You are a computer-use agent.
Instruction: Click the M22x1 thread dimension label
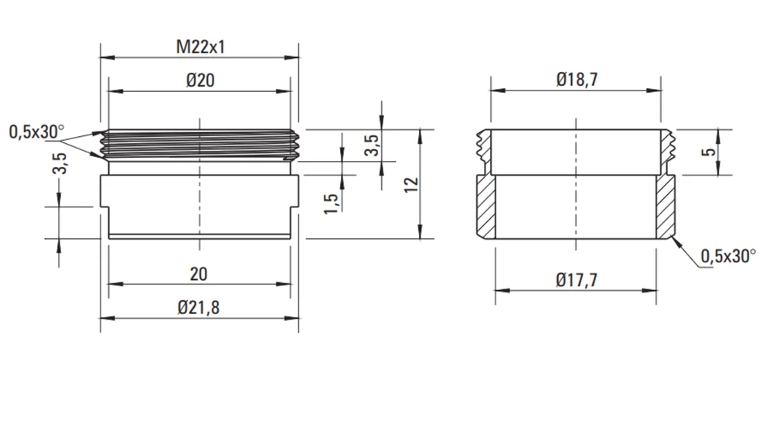click(x=201, y=47)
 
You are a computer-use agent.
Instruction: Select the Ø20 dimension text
click(x=200, y=80)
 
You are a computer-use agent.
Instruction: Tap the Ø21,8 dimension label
click(x=199, y=308)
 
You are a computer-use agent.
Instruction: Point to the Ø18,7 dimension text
click(x=577, y=79)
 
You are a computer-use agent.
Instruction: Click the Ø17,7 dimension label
click(x=577, y=280)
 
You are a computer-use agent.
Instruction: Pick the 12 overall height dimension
click(x=410, y=184)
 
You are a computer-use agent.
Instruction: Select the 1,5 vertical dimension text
click(x=332, y=203)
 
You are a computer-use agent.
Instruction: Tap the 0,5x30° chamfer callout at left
click(x=36, y=132)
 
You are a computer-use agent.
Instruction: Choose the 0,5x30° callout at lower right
click(x=728, y=256)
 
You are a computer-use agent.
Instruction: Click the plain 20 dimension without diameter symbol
click(x=199, y=274)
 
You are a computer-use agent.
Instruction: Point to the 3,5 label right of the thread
click(x=373, y=145)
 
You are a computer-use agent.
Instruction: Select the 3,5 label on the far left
click(x=60, y=163)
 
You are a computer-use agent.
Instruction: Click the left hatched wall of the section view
click(x=486, y=207)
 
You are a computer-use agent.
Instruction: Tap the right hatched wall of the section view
click(x=665, y=207)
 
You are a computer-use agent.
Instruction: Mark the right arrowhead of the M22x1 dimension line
click(x=292, y=57)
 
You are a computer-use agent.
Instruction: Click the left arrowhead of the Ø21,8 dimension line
click(x=107, y=319)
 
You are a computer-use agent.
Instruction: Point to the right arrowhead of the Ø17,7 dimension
click(x=649, y=290)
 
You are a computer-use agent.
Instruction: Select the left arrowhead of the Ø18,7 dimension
click(x=498, y=91)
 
